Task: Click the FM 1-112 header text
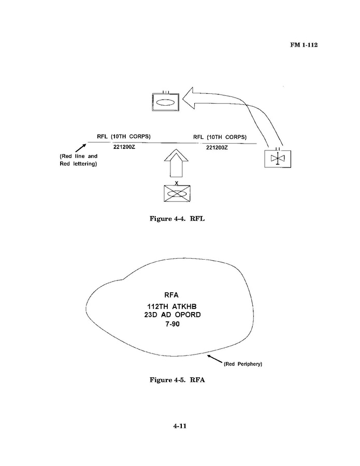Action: pos(303,45)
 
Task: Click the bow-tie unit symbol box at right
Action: pos(278,159)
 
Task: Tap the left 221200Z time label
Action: pos(125,147)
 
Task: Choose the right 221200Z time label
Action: pos(217,148)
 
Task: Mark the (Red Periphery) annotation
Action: pos(243,364)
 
